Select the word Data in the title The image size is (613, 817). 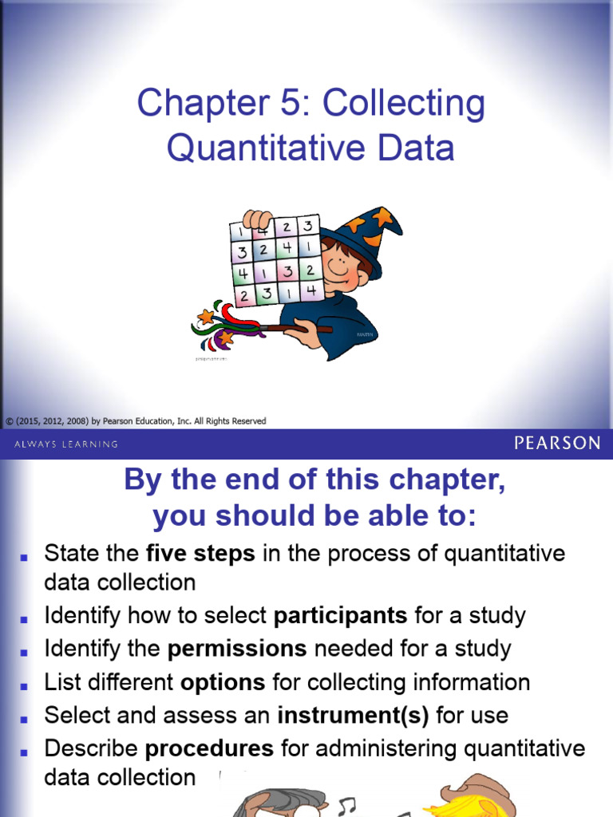coord(415,148)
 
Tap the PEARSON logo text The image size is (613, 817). coord(557,444)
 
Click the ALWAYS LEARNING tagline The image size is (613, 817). coord(66,444)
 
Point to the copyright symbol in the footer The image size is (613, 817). coord(10,421)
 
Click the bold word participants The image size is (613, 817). coord(340,615)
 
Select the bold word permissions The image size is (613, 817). coord(237,649)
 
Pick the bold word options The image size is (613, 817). coord(223,683)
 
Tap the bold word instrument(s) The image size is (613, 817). coord(353,716)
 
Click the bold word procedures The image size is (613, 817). coord(209,748)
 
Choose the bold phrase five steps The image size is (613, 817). coord(200,554)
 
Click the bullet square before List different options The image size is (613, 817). coord(23,686)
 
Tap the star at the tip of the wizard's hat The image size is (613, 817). coord(382,215)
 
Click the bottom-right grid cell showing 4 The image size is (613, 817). coord(311,290)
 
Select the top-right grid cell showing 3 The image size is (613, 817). coord(308,226)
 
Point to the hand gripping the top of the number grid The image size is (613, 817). coord(258,219)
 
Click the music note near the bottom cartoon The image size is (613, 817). coord(346,807)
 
